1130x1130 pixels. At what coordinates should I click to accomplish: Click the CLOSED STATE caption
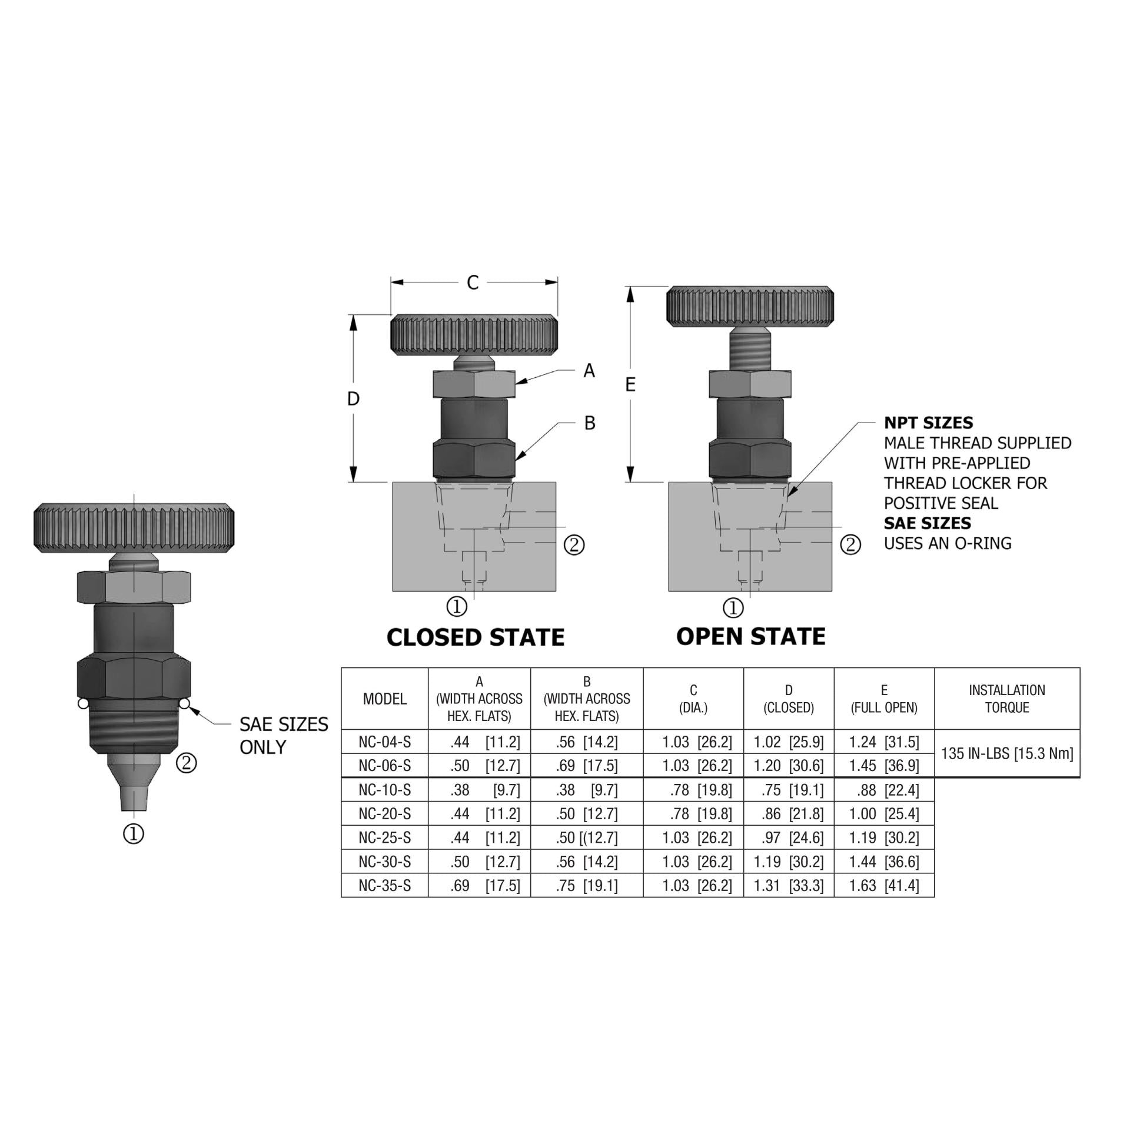[x=475, y=637]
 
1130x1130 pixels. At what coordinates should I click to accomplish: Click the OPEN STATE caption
[x=750, y=636]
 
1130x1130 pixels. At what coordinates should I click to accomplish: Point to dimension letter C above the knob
[x=473, y=282]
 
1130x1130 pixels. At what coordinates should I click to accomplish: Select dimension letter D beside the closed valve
[x=353, y=399]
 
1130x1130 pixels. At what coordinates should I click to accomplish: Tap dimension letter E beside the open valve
[x=630, y=384]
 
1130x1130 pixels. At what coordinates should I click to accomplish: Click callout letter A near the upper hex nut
[x=589, y=371]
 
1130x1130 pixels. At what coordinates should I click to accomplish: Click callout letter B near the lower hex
[x=589, y=423]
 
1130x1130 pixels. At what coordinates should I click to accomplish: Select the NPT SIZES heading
[x=928, y=423]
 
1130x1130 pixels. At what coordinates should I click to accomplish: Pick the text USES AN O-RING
[x=948, y=543]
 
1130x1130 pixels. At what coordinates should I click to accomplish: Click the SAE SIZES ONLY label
[x=283, y=736]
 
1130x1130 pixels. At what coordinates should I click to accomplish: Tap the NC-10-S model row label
[x=384, y=790]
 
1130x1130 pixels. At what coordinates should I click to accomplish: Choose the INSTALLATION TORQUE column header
[x=1006, y=699]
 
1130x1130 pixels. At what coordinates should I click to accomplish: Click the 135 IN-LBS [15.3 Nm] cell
[x=1006, y=753]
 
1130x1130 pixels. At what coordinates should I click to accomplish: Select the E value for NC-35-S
[x=883, y=886]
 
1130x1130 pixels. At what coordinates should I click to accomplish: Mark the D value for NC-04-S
[x=788, y=742]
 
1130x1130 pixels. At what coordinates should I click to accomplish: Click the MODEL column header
[x=384, y=699]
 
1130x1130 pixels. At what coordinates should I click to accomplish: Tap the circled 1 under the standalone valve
[x=133, y=833]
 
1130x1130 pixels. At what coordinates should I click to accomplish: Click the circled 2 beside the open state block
[x=849, y=545]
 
